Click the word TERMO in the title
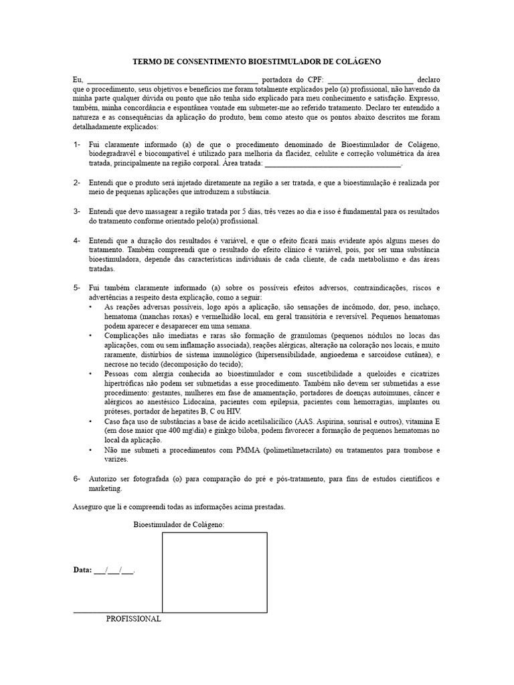click(150, 62)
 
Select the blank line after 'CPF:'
click(371, 80)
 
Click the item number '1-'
click(77, 144)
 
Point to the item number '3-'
click(77, 211)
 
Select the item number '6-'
click(77, 479)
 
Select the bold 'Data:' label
click(82, 571)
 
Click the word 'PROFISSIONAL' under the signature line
click(133, 619)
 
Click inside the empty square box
click(214, 572)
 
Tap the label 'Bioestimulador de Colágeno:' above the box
click(179, 525)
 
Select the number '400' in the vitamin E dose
click(163, 431)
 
